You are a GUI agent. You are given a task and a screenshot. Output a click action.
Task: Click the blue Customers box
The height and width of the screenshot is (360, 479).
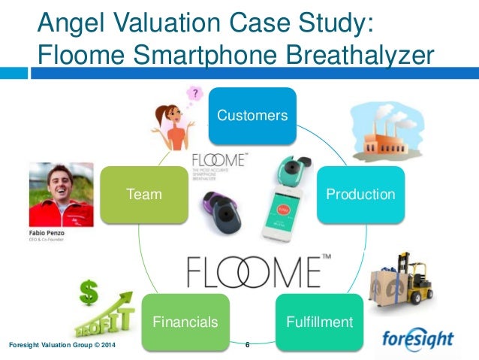point(252,116)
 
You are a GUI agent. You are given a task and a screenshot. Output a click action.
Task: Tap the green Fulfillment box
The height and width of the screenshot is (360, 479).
point(320,322)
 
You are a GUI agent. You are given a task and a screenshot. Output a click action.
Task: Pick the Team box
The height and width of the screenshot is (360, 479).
point(144,194)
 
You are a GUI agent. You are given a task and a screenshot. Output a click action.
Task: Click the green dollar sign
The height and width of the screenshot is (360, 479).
point(89,292)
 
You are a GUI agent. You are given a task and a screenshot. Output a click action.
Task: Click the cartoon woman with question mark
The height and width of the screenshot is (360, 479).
point(173,124)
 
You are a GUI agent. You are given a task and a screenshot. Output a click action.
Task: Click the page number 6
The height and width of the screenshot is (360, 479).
point(247,345)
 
